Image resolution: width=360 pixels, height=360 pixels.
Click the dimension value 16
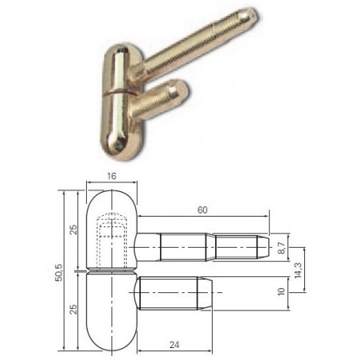(112, 176)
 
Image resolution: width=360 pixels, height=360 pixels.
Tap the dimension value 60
(202, 210)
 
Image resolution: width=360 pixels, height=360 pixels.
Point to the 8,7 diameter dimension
(281, 248)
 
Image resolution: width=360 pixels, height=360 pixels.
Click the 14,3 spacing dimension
(298, 270)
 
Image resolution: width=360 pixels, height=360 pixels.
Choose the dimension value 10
(281, 292)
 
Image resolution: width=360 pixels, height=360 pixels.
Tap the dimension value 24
(174, 345)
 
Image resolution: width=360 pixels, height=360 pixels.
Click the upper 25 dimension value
(73, 229)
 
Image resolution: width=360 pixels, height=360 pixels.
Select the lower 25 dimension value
(73, 309)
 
